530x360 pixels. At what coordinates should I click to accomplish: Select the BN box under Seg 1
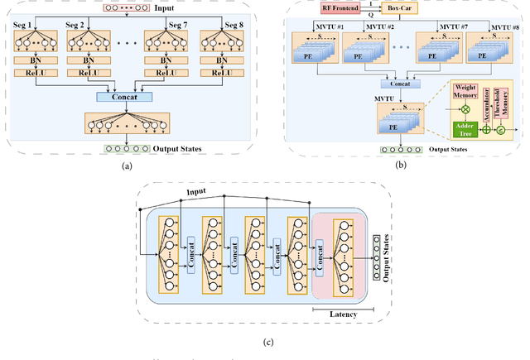click(34, 60)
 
